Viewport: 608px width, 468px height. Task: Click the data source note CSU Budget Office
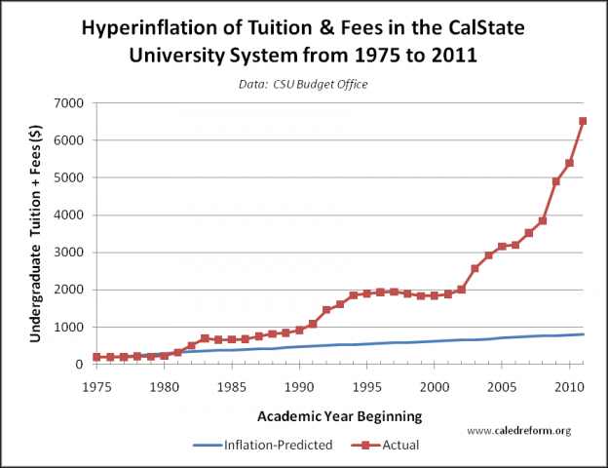pos(304,85)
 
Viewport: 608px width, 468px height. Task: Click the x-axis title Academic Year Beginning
pos(339,416)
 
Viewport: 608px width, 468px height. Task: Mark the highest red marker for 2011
pos(583,121)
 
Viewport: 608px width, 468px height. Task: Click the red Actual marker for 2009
pos(555,181)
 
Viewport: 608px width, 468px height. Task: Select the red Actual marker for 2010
pos(569,163)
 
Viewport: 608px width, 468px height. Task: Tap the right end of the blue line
pos(583,334)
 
